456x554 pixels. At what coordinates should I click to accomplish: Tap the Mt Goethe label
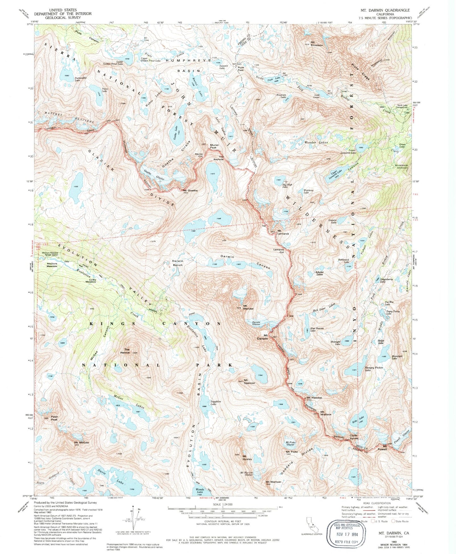190,191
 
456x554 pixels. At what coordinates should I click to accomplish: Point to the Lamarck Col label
278,251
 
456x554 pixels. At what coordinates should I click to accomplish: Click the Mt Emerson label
317,44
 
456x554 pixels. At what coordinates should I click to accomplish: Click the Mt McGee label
81,443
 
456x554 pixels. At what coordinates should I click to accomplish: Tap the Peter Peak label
54,418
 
